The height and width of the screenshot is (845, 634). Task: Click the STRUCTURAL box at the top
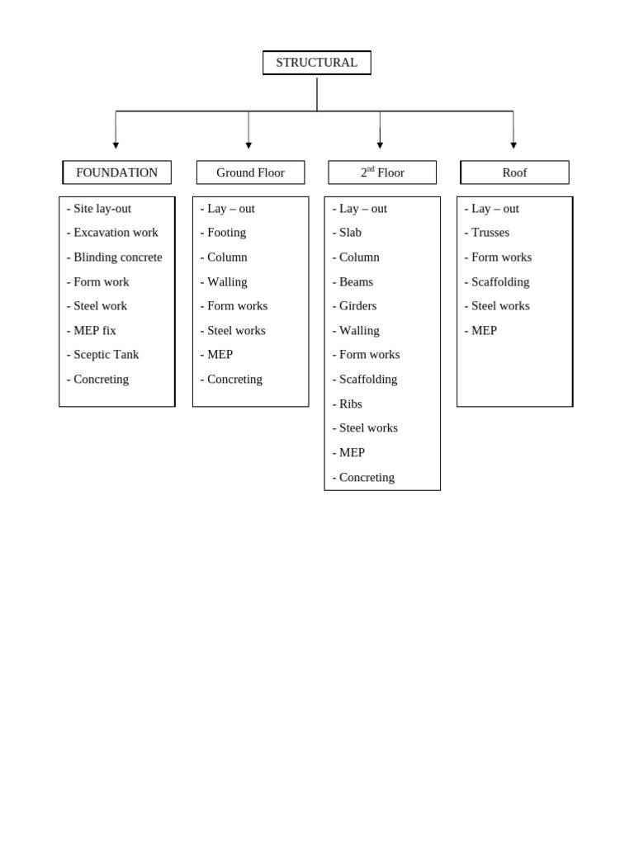tap(316, 63)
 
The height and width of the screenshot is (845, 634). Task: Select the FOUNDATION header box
tap(116, 172)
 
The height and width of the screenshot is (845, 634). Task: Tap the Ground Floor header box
tap(250, 172)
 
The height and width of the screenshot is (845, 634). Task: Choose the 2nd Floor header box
tap(382, 172)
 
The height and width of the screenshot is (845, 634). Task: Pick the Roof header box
tap(514, 172)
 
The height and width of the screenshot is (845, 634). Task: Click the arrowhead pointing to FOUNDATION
tap(116, 145)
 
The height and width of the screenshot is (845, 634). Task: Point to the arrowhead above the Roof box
tap(513, 145)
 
